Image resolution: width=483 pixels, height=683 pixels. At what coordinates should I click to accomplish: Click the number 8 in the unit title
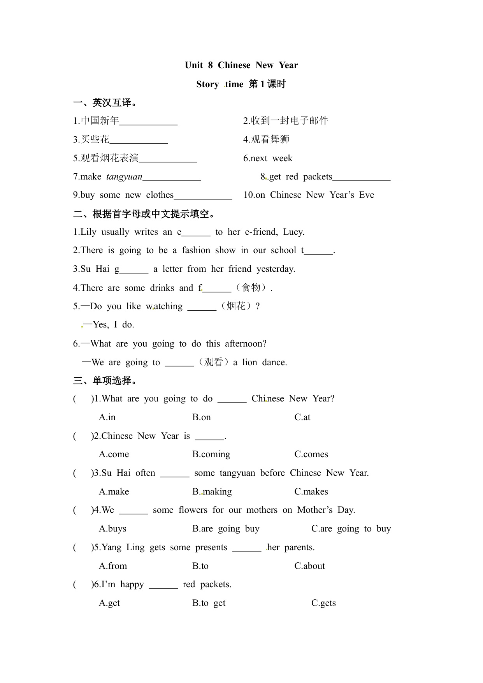pyautogui.click(x=210, y=65)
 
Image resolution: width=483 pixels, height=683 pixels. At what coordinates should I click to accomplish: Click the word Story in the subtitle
pyautogui.click(x=207, y=84)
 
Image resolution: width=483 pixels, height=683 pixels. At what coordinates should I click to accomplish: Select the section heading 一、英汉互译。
pyautogui.click(x=105, y=103)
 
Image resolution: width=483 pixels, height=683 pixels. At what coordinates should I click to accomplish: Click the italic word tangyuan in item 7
pyautogui.click(x=124, y=177)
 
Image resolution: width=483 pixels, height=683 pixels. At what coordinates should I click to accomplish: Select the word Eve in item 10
pyautogui.click(x=366, y=195)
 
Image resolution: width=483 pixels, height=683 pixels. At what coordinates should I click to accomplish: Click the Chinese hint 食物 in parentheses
pyautogui.click(x=251, y=288)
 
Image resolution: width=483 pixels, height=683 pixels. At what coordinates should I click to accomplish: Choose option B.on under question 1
pyautogui.click(x=202, y=417)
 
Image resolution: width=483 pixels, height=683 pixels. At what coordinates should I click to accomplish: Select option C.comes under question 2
pyautogui.click(x=311, y=454)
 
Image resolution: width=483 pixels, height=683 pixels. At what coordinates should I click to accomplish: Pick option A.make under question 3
pyautogui.click(x=114, y=492)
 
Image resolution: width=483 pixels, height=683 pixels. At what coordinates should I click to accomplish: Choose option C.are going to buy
pyautogui.click(x=351, y=529)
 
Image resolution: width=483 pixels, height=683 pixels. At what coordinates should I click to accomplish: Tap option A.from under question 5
pyautogui.click(x=113, y=566)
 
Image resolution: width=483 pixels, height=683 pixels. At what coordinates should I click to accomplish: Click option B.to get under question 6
pyautogui.click(x=209, y=603)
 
